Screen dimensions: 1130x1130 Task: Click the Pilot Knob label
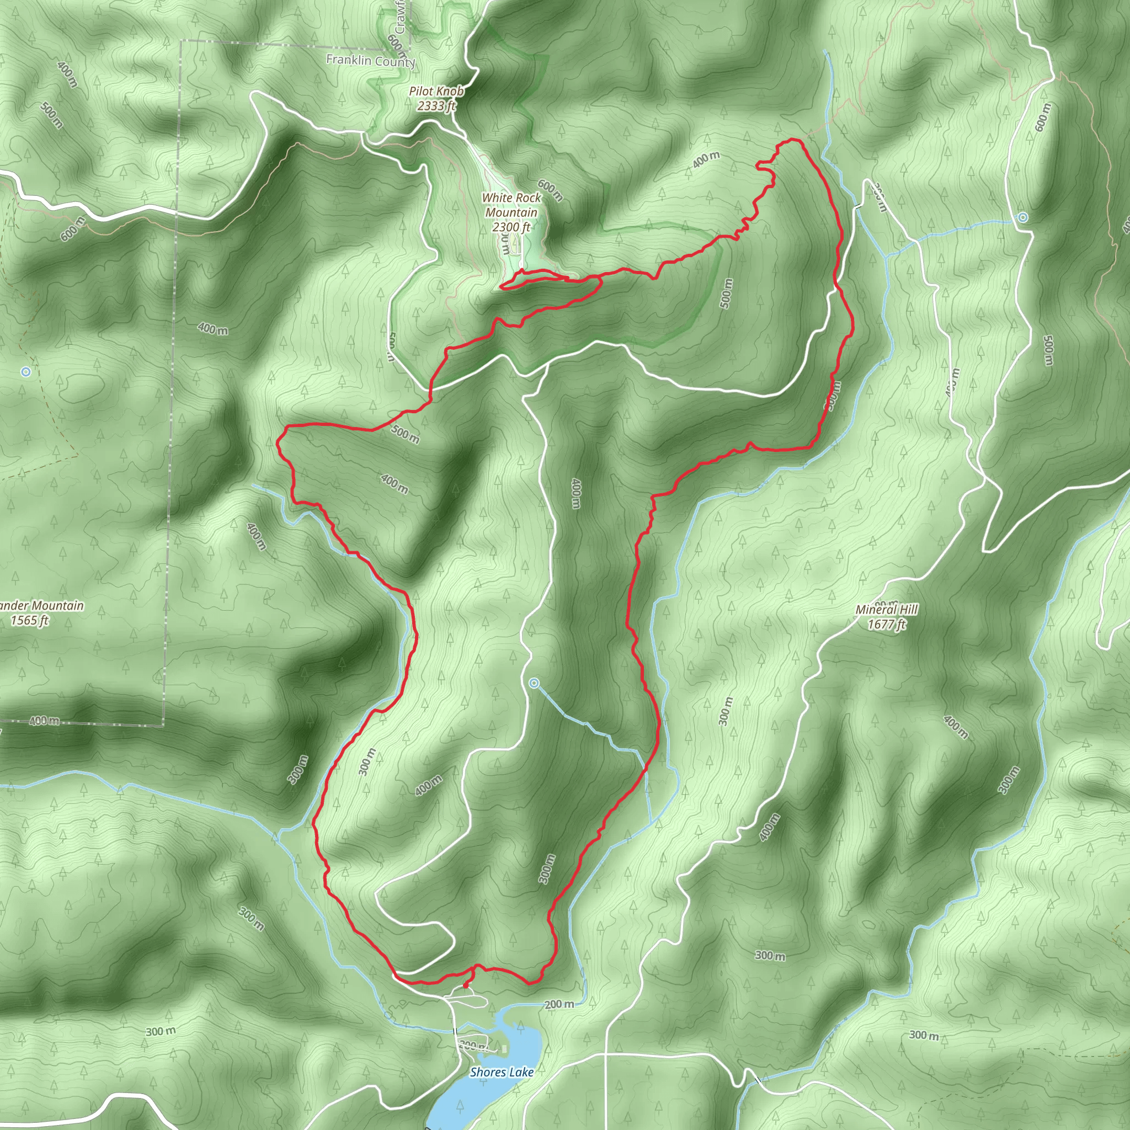pos(436,91)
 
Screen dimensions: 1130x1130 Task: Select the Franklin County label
pos(370,61)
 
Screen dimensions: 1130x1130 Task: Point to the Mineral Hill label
pos(887,610)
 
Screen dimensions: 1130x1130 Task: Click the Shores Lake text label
pos(502,1072)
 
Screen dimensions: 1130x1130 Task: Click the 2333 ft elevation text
pos(436,106)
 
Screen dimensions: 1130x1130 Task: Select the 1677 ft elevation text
pos(887,624)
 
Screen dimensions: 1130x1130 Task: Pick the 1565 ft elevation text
pos(30,621)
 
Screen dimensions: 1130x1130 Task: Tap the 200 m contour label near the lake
pos(559,1004)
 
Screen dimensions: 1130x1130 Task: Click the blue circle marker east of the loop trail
pos(1022,217)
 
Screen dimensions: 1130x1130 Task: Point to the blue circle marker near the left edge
pos(25,371)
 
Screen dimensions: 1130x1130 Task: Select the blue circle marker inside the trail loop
pos(534,683)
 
